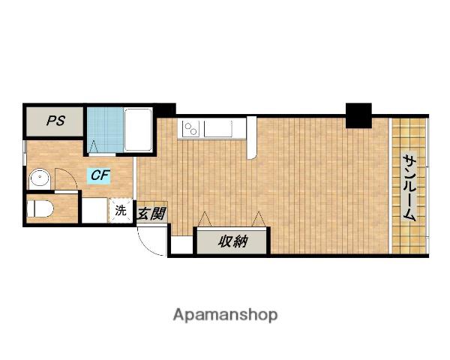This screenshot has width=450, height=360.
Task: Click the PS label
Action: coord(56,121)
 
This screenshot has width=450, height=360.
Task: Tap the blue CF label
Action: coord(99,175)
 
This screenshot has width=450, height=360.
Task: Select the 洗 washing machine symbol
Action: coord(121,211)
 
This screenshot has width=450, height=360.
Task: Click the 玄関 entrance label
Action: coord(151,214)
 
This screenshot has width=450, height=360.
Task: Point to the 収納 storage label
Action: coord(232,241)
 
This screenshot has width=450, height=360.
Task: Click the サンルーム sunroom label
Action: coord(409,187)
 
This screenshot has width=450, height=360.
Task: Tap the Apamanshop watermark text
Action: coord(225,315)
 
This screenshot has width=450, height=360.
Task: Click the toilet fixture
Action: coord(40,208)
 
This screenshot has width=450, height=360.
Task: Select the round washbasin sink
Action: coord(40,178)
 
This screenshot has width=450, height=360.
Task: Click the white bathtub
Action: coord(138,130)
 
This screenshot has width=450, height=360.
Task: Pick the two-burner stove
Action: coord(190,128)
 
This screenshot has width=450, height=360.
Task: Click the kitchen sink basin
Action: coord(217,128)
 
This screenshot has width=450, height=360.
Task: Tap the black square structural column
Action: coord(358,115)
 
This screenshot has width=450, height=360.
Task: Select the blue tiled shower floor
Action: coord(105,130)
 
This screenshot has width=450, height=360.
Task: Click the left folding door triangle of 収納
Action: coord(205,219)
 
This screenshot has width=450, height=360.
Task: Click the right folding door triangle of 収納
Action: coord(259,219)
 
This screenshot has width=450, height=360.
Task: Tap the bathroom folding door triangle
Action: coord(94,147)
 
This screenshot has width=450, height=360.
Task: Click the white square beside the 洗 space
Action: coord(95,211)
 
